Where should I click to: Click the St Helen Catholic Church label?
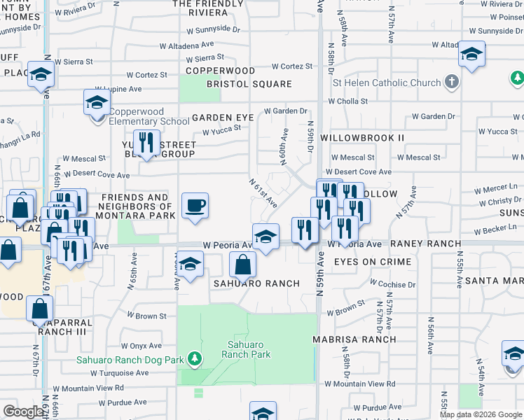tap(387, 83)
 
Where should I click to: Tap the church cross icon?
tap(452, 83)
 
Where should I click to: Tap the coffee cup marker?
tap(195, 206)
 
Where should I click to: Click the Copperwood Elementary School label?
tap(144, 117)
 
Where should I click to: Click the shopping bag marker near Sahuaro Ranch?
tap(243, 265)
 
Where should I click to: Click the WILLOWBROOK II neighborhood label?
tap(362, 138)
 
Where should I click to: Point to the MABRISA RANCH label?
tap(354, 339)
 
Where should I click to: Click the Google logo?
tap(23, 412)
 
